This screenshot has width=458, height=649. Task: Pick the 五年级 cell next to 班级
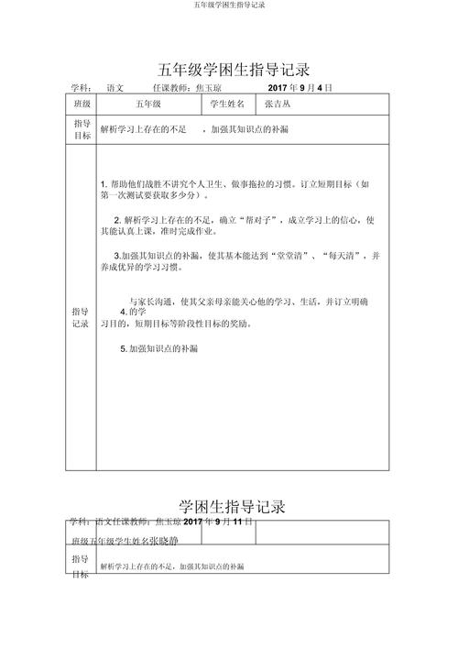147,105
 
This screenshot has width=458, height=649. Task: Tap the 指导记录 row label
81,317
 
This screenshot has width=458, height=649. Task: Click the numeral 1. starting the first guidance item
104,184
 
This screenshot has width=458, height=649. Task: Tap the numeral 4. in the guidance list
125,312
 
